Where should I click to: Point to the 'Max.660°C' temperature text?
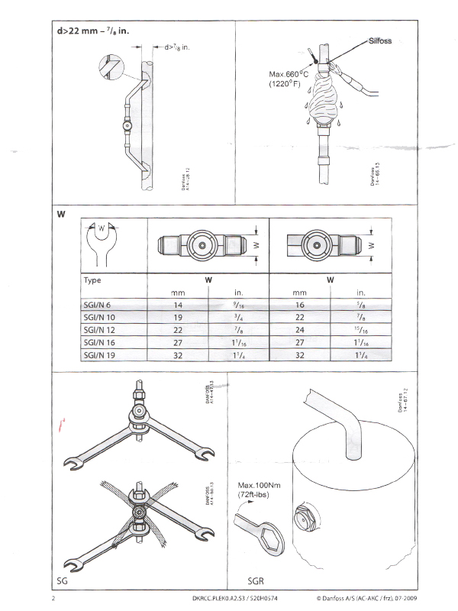(287, 74)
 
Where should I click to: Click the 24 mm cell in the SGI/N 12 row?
(299, 329)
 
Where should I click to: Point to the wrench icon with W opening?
(103, 241)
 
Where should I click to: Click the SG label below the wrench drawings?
(64, 581)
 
